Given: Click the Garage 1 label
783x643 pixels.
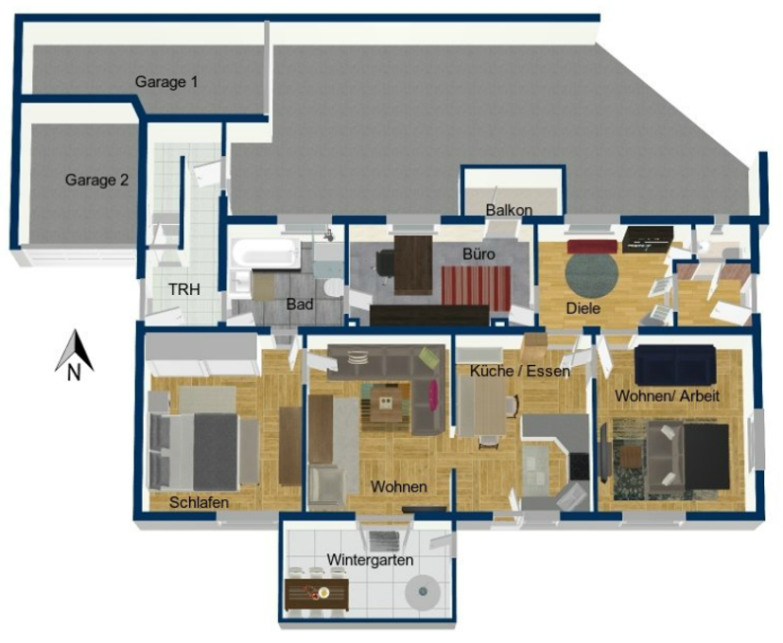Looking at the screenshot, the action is click(x=166, y=82).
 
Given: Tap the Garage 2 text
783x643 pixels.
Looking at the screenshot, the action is click(x=96, y=180).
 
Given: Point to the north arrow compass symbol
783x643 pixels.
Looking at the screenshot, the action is click(x=74, y=355).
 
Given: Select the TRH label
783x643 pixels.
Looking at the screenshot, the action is click(x=184, y=289).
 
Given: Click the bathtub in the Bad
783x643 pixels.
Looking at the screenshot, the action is click(x=265, y=252).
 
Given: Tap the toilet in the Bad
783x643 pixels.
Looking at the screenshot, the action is click(x=333, y=287).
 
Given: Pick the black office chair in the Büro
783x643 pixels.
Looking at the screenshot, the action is click(x=384, y=262).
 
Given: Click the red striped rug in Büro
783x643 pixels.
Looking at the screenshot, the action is click(x=476, y=287).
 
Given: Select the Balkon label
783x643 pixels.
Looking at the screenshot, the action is click(x=509, y=210).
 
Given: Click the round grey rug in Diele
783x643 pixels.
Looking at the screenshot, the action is click(x=592, y=274).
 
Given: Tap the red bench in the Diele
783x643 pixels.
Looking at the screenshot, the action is click(x=592, y=247).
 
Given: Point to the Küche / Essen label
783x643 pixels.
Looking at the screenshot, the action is click(x=520, y=371).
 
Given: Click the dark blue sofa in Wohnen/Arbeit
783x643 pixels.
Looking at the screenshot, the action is click(x=675, y=364).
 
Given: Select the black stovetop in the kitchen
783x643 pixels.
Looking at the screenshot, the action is click(x=581, y=466).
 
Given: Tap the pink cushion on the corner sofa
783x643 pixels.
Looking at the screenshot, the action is click(x=433, y=392).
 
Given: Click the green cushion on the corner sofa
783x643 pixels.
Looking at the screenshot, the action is click(x=427, y=356).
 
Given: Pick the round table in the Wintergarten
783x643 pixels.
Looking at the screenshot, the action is click(x=424, y=592).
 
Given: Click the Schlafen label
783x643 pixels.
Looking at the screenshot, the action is click(x=199, y=503).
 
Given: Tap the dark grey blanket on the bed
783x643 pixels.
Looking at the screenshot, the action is click(x=216, y=451).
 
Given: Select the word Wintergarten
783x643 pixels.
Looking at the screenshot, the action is click(x=370, y=560).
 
